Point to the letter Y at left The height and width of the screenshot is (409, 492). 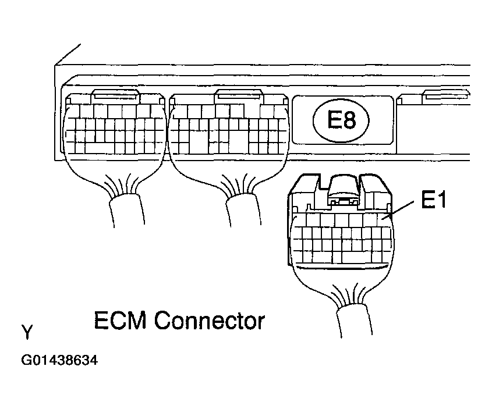(x=27, y=333)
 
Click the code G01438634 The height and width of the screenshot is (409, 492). (x=59, y=361)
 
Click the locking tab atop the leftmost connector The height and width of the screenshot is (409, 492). (x=115, y=94)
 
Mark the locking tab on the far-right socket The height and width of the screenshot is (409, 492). (x=445, y=95)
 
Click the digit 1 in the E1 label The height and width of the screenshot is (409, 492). (x=445, y=203)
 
